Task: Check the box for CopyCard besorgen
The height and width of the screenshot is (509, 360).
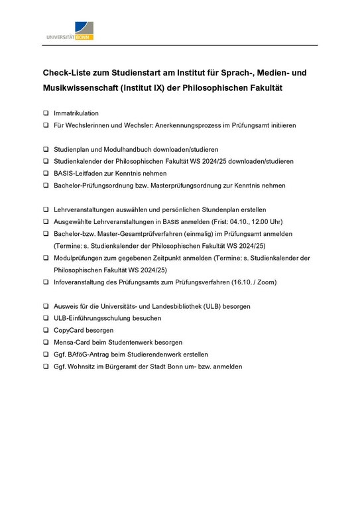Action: click(46, 330)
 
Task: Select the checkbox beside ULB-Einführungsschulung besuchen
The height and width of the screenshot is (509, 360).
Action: click(46, 318)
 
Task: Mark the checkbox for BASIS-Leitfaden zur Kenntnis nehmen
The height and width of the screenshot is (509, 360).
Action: click(46, 174)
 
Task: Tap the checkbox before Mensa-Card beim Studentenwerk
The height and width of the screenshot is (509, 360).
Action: click(46, 342)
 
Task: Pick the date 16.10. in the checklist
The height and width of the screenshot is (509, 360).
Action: click(243, 282)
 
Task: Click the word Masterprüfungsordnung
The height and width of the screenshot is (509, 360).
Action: click(194, 186)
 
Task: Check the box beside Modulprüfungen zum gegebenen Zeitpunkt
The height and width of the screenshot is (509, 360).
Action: click(46, 258)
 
